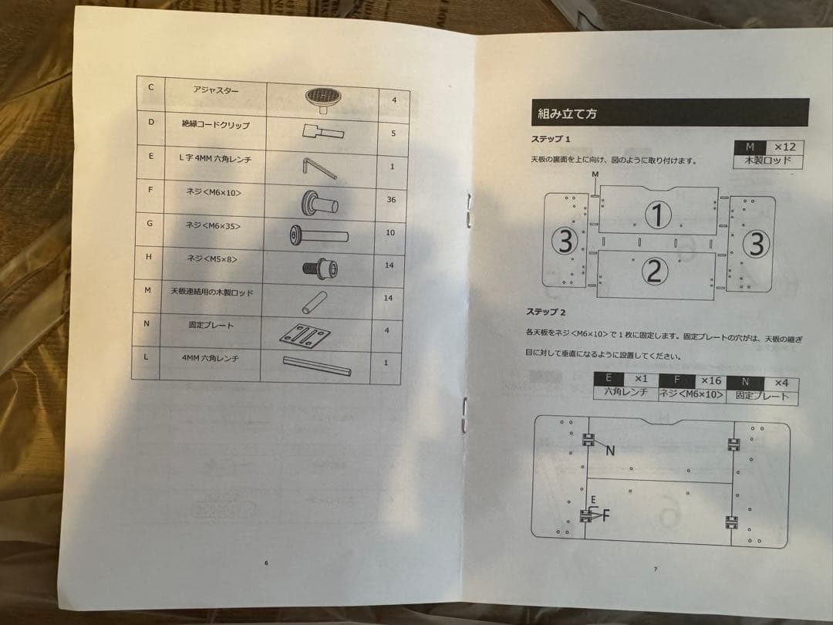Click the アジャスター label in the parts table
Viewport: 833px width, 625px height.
tap(216, 90)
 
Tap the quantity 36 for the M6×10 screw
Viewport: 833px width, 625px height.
tap(391, 199)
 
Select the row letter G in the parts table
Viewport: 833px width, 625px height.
tap(149, 224)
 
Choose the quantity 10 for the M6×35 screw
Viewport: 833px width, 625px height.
tap(390, 233)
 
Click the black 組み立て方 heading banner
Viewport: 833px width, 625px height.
tap(669, 113)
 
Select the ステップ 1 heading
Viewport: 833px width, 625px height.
tap(550, 140)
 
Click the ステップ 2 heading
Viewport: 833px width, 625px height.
tap(546, 312)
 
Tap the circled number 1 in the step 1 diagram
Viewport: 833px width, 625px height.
tap(657, 215)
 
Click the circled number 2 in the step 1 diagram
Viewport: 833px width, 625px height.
tap(654, 271)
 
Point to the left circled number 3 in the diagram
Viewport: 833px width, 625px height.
tap(565, 242)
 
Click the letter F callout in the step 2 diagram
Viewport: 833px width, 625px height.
tap(606, 515)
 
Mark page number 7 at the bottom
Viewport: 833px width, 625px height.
tap(655, 569)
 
